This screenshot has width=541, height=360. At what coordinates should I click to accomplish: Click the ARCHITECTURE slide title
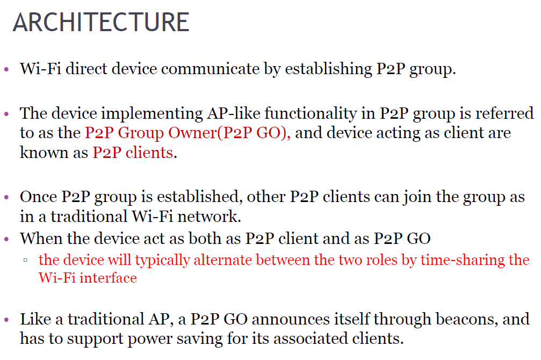click(x=101, y=23)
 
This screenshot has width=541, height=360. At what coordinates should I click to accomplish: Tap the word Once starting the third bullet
click(x=39, y=197)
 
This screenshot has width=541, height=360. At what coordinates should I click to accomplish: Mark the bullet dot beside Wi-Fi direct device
click(x=6, y=70)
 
